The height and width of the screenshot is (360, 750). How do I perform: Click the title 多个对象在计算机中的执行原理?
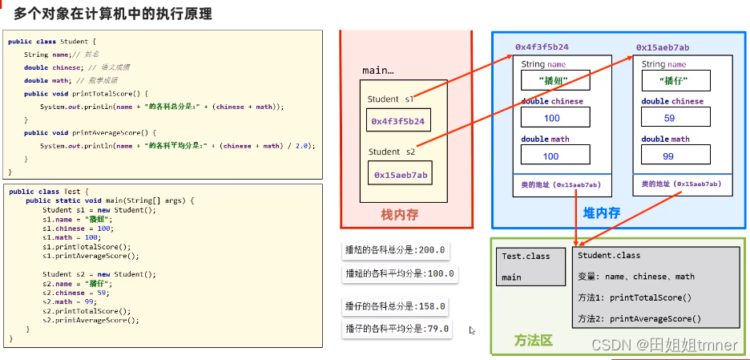coord(113,14)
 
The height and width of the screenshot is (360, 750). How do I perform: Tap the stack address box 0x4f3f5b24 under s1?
coord(397,121)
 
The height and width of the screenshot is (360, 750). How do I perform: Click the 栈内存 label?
coord(400,214)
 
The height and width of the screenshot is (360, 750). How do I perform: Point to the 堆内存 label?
coord(600,213)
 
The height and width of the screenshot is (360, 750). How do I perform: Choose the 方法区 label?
coord(533,341)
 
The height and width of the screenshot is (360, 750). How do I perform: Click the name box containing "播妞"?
coord(555,80)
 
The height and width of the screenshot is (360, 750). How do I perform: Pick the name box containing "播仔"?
coord(676,80)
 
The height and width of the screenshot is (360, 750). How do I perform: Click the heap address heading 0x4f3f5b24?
coord(542,47)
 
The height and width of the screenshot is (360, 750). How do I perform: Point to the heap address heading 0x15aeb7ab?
coord(663,47)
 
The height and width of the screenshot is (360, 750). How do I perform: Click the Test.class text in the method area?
coord(526,256)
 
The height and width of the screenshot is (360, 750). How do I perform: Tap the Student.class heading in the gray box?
coord(608,256)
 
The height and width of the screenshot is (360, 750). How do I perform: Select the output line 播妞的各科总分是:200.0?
coord(394,249)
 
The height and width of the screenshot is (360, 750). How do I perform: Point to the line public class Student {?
coord(53,41)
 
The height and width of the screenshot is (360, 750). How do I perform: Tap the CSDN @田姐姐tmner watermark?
coord(663,345)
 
